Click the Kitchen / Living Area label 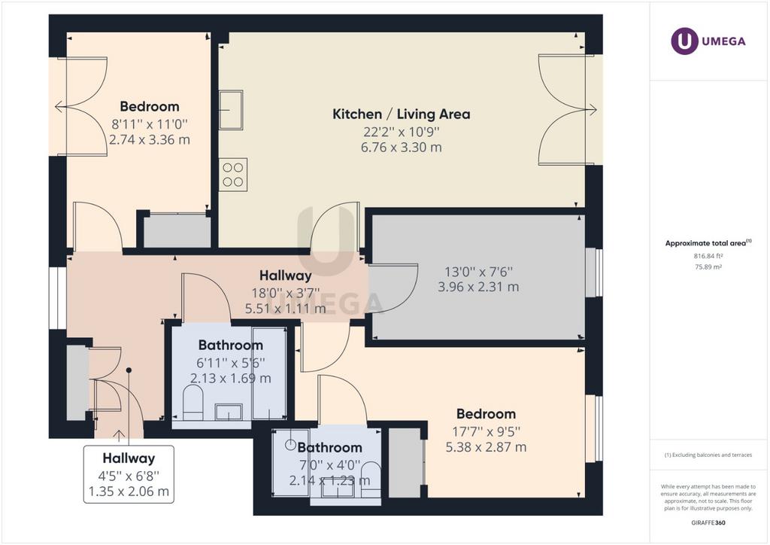402,114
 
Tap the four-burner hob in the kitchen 233,175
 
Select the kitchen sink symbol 231,110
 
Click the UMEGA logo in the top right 708,41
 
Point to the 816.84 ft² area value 708,256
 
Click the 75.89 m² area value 708,267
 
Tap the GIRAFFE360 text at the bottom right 708,523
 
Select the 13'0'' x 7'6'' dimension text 478,272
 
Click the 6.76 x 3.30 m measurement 402,147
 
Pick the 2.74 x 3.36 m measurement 150,139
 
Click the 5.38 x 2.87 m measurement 486,447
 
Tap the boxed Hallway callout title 129,458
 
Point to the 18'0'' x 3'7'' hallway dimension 285,294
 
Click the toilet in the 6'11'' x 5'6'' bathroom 193,402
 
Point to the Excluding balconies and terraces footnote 708,455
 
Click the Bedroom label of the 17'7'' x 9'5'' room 486,414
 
